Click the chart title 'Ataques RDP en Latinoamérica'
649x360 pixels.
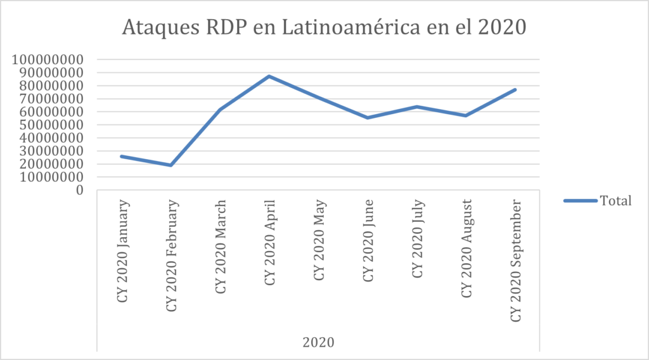pyautogui.click(x=324, y=29)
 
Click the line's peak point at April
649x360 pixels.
pyautogui.click(x=269, y=76)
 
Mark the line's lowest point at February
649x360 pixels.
pyautogui.click(x=170, y=165)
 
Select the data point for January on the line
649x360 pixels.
pyautogui.click(x=121, y=156)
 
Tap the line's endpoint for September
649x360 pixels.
pyautogui.click(x=515, y=89)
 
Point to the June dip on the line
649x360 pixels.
pyautogui.click(x=368, y=118)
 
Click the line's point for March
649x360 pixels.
pyautogui.click(x=220, y=110)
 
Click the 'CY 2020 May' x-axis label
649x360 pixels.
pyautogui.click(x=319, y=241)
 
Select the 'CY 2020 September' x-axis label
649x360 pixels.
pyautogui.click(x=516, y=260)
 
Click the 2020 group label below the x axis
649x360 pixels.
pyautogui.click(x=318, y=342)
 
